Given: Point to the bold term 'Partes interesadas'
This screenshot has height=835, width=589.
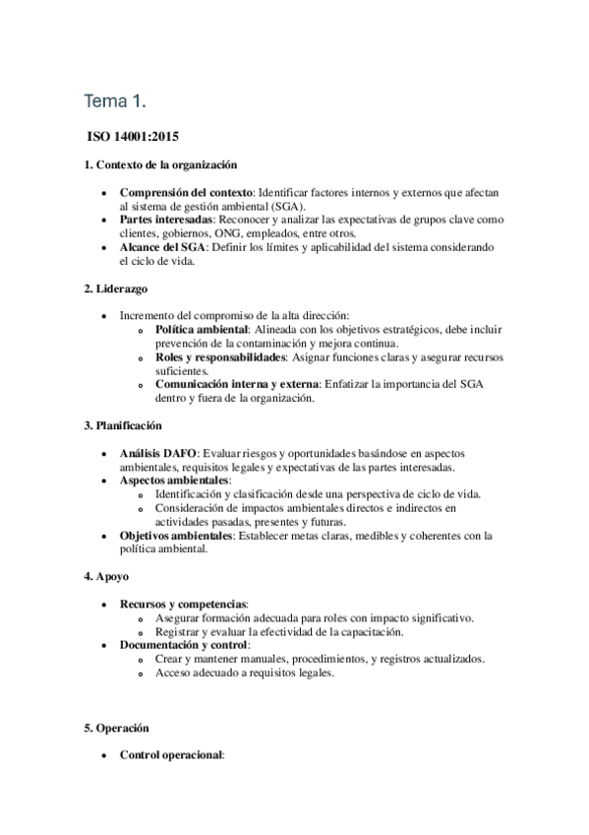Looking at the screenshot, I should (166, 220).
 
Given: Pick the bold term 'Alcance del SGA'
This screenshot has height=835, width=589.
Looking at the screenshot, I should (162, 247).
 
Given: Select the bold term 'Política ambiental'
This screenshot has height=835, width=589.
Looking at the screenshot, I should (202, 328).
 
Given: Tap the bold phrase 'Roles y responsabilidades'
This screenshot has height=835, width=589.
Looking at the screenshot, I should (220, 356).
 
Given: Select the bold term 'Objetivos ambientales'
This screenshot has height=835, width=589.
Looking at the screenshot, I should (176, 536).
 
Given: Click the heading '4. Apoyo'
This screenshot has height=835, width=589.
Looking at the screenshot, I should (106, 575).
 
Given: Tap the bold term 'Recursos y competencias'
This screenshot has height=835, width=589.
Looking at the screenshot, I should (183, 604).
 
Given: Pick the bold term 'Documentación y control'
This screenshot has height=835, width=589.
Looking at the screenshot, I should (184, 645).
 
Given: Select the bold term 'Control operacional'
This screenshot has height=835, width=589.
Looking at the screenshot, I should (171, 756).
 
